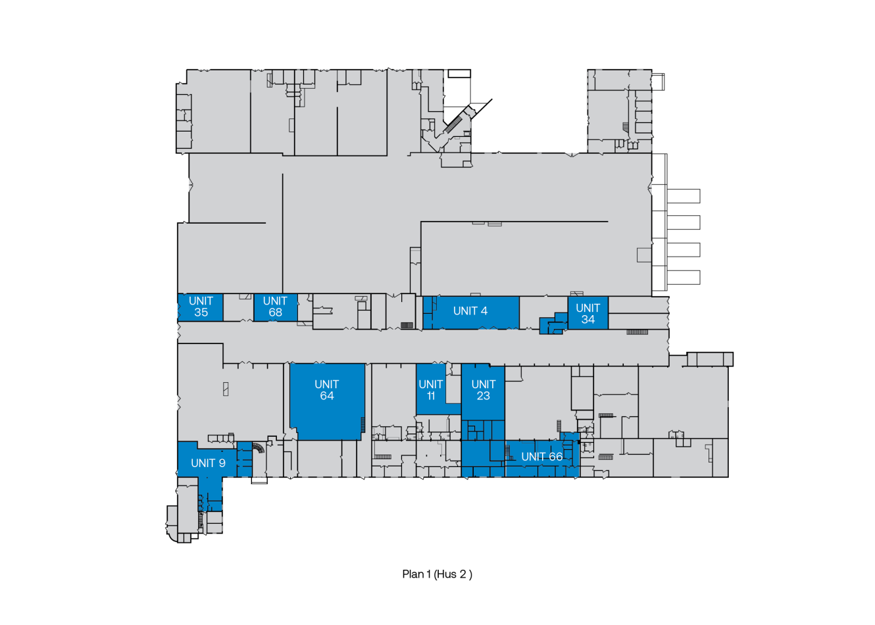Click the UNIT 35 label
[201, 307]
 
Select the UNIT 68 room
[275, 307]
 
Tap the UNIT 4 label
[470, 311]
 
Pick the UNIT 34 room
[587, 313]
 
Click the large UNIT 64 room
[327, 401]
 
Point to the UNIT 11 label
[430, 389]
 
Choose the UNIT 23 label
[483, 389]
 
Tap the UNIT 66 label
[541, 457]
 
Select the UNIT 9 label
[208, 463]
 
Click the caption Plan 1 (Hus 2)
[437, 574]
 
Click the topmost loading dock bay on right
[684, 196]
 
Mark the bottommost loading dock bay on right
[684, 277]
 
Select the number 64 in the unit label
[327, 396]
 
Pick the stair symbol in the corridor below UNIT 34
[637, 332]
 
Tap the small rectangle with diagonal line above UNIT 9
[226, 389]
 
